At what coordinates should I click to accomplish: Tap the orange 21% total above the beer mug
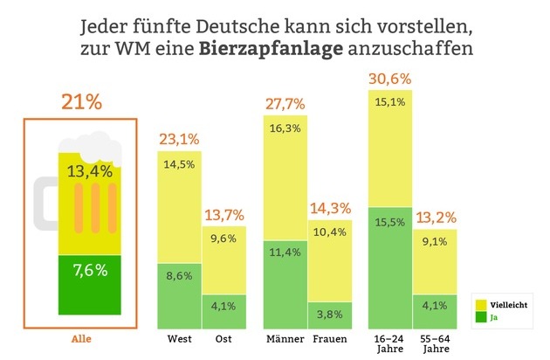click(x=82, y=101)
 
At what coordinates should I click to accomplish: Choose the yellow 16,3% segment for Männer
click(x=286, y=175)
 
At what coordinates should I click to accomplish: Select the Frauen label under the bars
click(x=330, y=336)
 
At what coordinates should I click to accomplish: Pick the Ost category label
click(x=224, y=336)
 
